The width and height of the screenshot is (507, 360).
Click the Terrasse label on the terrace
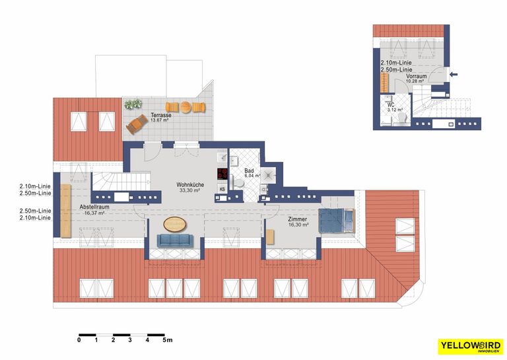pos(161,115)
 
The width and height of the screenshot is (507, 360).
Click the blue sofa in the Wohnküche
pos(175,242)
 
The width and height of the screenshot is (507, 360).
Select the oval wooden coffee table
pos(175,223)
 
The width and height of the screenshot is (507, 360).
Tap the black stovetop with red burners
pos(222,175)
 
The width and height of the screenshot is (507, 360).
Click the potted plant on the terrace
pos(133,104)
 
